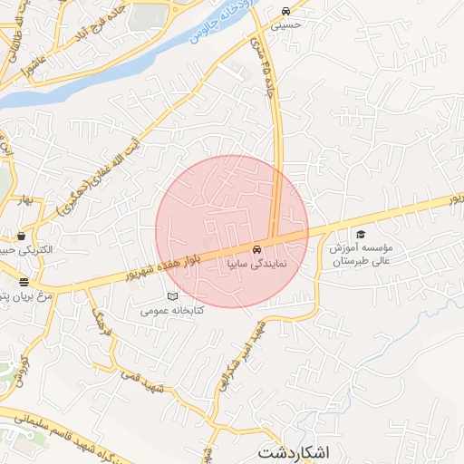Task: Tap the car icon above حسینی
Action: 286,12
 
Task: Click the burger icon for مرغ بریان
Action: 24,282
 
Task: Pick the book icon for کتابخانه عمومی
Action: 172,297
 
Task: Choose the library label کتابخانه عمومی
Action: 172,311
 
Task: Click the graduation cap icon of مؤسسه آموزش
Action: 361,234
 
